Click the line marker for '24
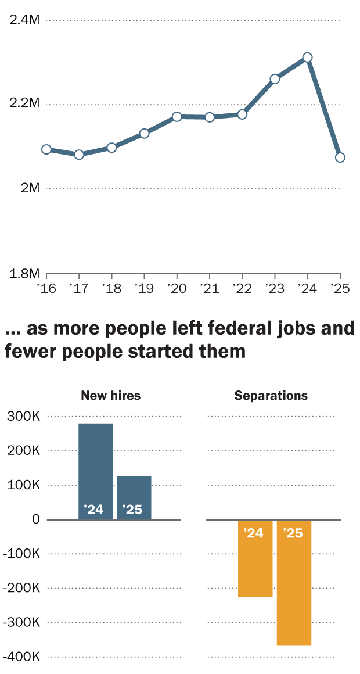pos(308,58)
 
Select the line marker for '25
pos(340,157)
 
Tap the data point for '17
pos(79,155)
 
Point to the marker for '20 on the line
pos(177,117)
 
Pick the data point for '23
pos(275,79)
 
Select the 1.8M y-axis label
pos(24,273)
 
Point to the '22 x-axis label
pos(242,288)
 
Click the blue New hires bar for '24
pos(96,471)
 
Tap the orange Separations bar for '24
pos(255,558)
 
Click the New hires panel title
pos(110,396)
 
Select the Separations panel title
pos(271,396)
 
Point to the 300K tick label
pos(23,417)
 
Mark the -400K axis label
pos(21,657)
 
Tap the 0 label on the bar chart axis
pos(36,519)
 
